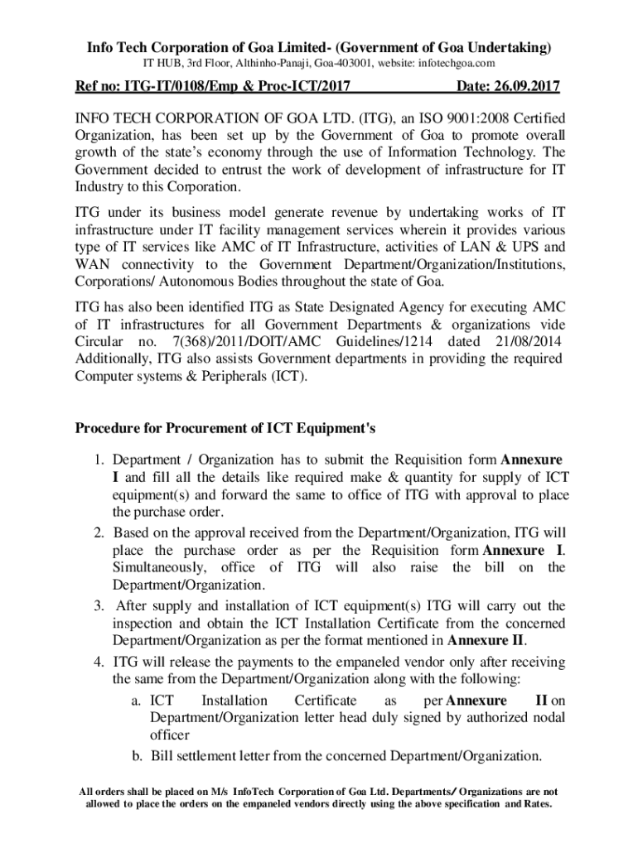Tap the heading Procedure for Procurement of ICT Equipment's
click(x=226, y=429)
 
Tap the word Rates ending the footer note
click(x=537, y=804)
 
